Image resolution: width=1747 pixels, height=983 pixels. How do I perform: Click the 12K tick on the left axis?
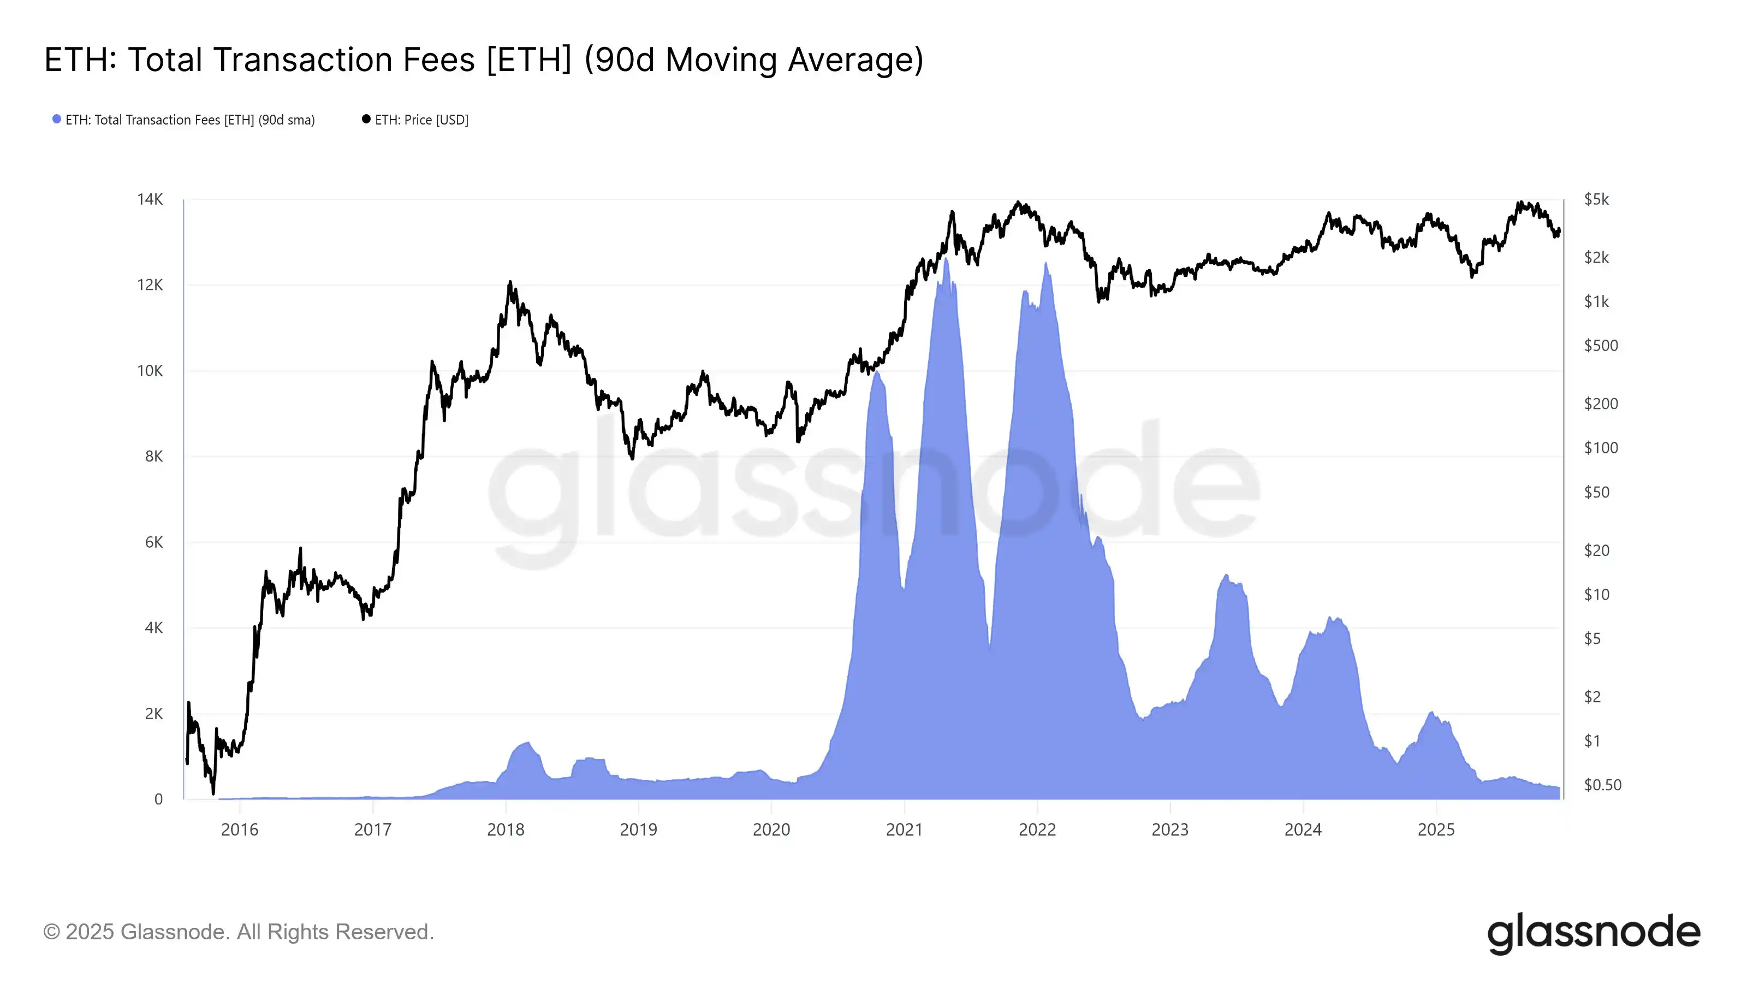(x=150, y=285)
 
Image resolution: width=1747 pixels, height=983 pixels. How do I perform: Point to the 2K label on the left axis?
(x=154, y=714)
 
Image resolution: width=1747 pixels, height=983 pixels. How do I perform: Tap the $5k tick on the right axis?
(x=1596, y=199)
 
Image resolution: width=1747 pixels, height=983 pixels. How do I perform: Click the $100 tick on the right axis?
(x=1601, y=448)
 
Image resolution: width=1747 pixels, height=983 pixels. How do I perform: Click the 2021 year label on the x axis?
(x=904, y=830)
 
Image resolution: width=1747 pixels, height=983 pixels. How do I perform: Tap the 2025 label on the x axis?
(x=1436, y=830)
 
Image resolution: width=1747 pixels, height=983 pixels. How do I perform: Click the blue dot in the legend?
(x=57, y=120)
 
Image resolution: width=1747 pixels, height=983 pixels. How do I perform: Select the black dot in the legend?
(x=366, y=120)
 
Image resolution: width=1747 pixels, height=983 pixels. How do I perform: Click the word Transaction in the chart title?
(x=344, y=60)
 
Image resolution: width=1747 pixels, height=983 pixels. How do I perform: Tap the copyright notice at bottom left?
(x=238, y=932)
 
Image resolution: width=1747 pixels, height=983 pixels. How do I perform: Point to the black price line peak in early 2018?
(x=510, y=282)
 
